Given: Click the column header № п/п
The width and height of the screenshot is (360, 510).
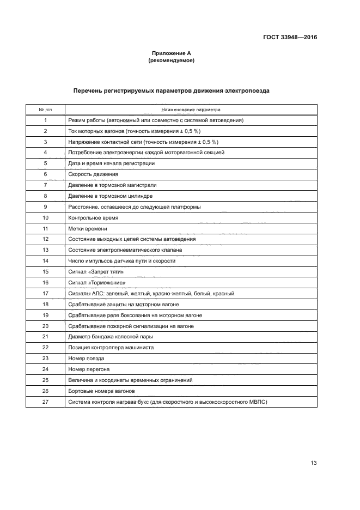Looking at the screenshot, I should (45, 110).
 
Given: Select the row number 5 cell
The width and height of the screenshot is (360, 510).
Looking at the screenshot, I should (45, 163).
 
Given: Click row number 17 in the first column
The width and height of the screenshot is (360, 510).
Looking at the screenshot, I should (45, 293).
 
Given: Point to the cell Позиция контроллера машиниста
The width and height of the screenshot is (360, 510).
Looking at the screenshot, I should (111, 347).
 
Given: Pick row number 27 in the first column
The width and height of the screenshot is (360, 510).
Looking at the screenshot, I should (45, 402).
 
